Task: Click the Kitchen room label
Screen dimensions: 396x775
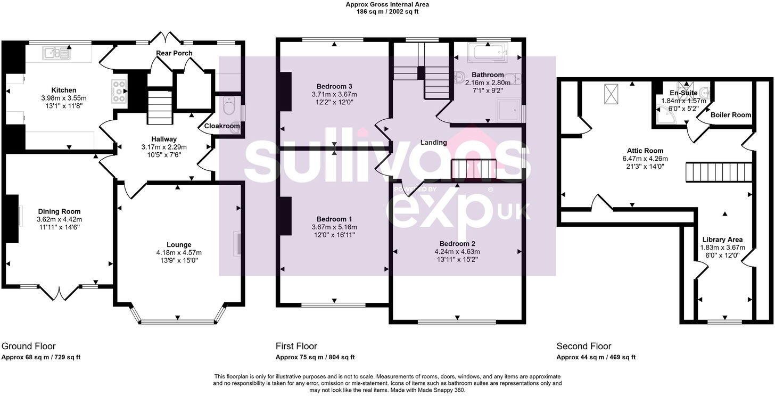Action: (x=63, y=90)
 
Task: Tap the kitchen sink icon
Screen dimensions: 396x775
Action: (x=56, y=52)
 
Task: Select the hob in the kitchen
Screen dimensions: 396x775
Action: (x=119, y=90)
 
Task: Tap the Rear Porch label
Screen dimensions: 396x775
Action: (x=174, y=53)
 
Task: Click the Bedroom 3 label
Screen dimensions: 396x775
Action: (x=334, y=86)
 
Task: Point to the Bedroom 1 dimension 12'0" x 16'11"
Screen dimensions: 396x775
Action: (x=334, y=234)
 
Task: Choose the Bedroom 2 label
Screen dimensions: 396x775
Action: (x=457, y=244)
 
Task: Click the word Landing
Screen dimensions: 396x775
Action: (x=433, y=142)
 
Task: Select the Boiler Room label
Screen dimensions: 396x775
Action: (x=731, y=115)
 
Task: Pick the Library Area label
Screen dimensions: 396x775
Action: (x=722, y=240)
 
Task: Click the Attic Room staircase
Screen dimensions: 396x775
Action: (x=718, y=172)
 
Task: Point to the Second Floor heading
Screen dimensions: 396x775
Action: (x=583, y=346)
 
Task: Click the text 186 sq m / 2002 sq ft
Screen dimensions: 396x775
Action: (x=387, y=11)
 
